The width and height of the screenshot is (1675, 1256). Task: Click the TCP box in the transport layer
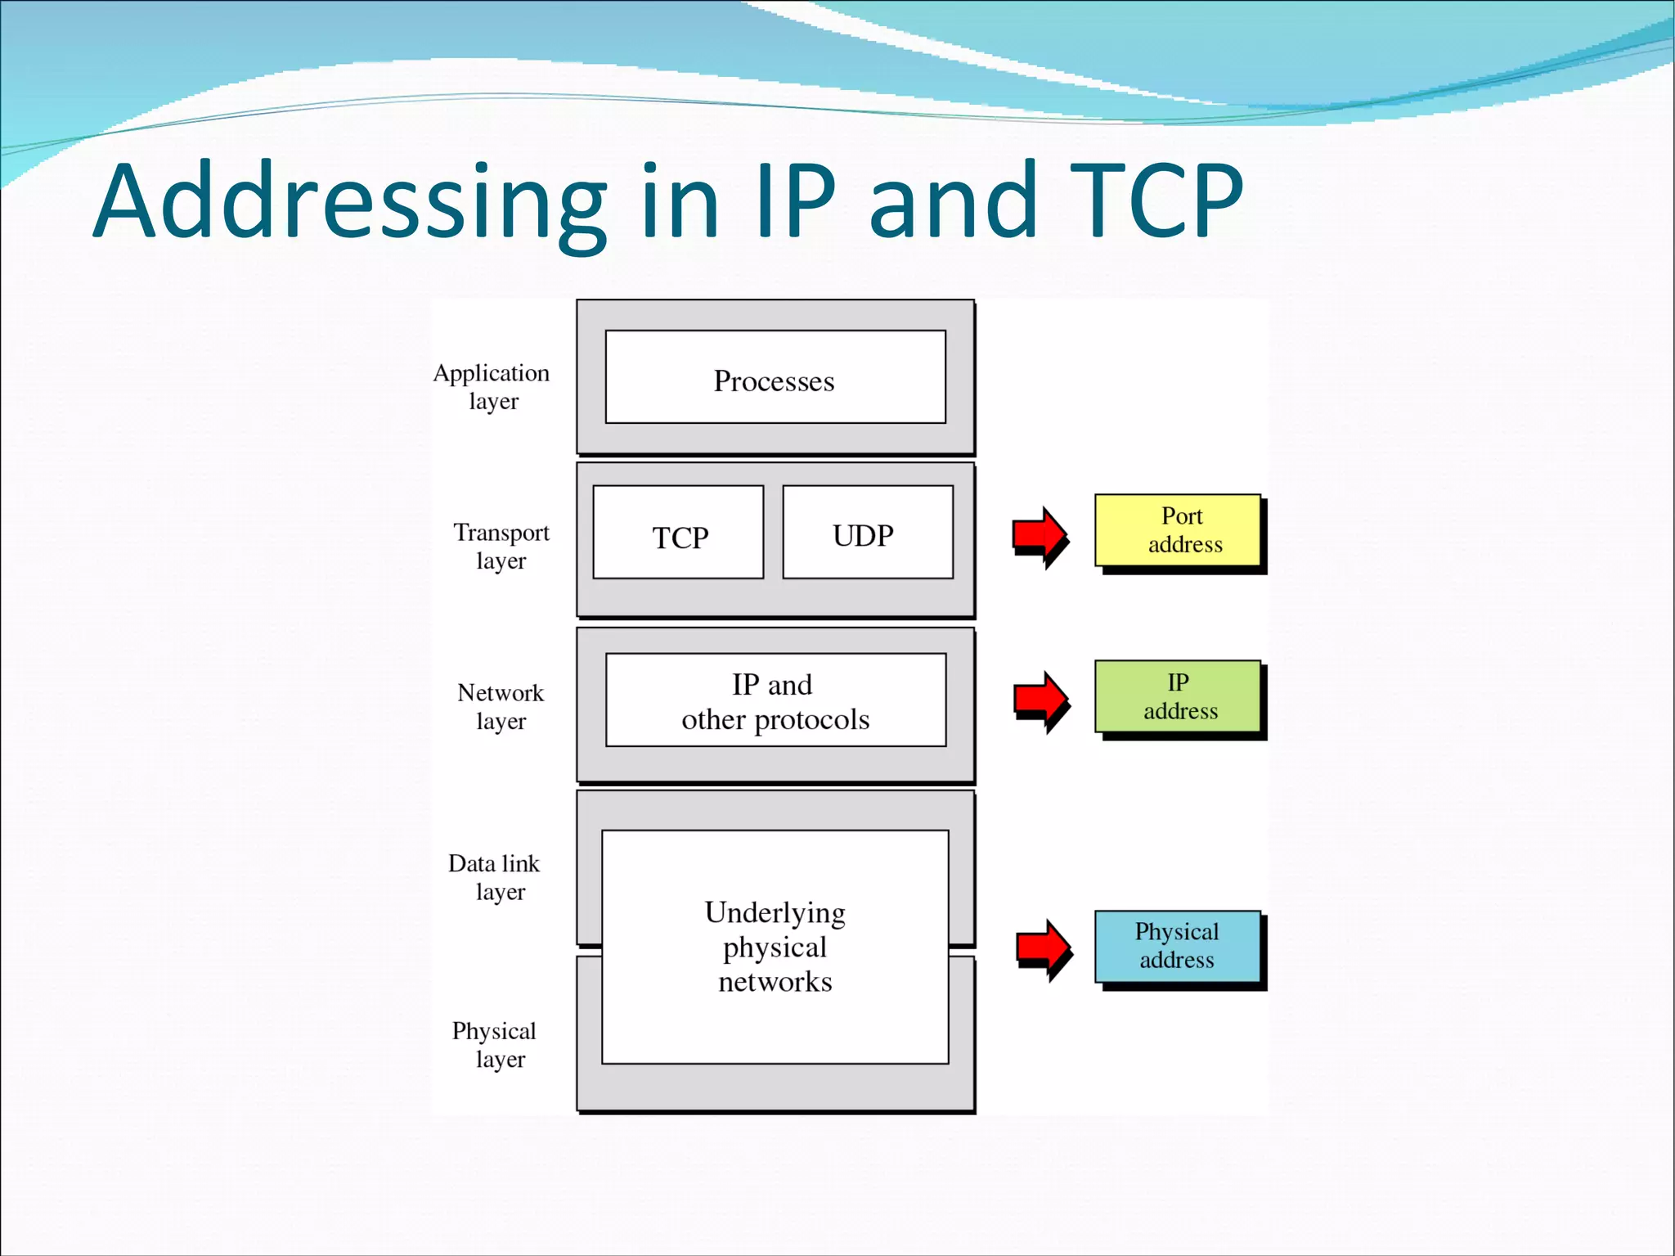(678, 533)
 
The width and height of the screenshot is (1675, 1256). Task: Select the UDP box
(867, 533)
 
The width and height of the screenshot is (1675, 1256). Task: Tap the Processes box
(775, 378)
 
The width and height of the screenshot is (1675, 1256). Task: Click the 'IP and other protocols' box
(775, 700)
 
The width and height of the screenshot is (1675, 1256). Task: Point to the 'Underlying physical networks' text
(775, 947)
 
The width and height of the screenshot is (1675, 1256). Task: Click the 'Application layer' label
(492, 386)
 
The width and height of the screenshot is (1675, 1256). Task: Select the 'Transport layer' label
(501, 546)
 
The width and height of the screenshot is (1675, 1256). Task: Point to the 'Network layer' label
(501, 706)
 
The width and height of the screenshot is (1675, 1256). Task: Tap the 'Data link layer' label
(495, 877)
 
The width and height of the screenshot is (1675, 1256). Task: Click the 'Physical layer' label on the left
(494, 1044)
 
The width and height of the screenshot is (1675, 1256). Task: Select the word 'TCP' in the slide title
(1156, 201)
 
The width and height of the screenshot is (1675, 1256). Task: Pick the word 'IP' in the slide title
(795, 201)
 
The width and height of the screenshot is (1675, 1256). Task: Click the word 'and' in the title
(953, 201)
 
